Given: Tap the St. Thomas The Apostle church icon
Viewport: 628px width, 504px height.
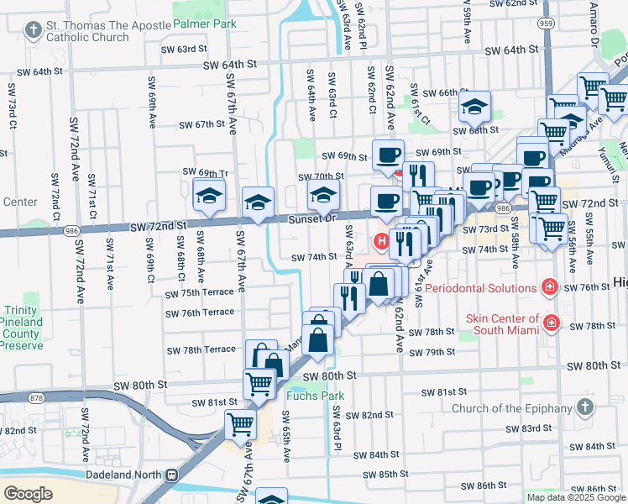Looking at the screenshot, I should (34, 32).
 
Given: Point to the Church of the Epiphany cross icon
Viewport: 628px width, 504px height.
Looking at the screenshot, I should (585, 408).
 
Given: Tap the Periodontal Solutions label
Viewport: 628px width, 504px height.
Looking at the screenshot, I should (480, 287).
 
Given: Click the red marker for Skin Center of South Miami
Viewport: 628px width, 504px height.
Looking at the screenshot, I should (552, 323).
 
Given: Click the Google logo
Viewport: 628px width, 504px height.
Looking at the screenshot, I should (28, 494).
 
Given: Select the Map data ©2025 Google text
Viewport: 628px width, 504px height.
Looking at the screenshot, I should (576, 497).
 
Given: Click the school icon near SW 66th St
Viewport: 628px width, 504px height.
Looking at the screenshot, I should (474, 107).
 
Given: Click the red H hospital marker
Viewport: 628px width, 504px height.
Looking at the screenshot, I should (382, 242).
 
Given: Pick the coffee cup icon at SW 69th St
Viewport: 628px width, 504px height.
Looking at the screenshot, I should (388, 155).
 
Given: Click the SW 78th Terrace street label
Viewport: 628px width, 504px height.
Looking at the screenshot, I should (200, 349).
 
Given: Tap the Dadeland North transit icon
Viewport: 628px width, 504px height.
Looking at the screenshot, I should (171, 474).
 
